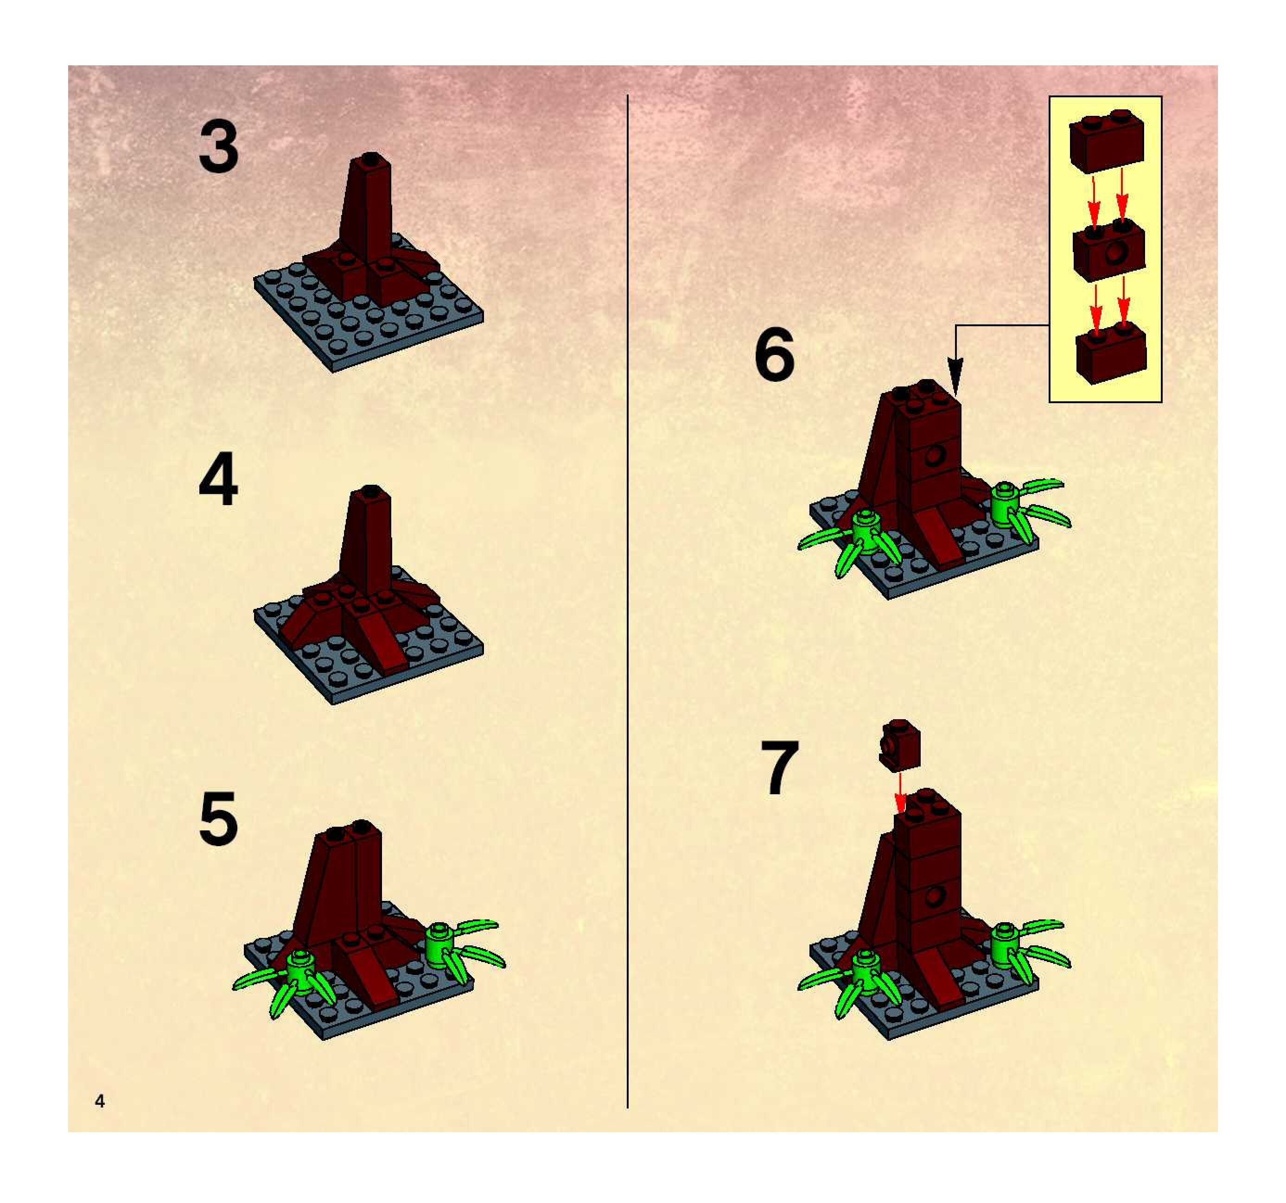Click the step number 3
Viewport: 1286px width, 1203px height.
coord(219,148)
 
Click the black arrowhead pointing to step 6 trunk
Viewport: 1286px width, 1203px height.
coord(955,375)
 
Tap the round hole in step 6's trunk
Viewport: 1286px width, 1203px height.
coord(934,456)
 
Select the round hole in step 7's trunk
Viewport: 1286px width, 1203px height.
coord(934,896)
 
